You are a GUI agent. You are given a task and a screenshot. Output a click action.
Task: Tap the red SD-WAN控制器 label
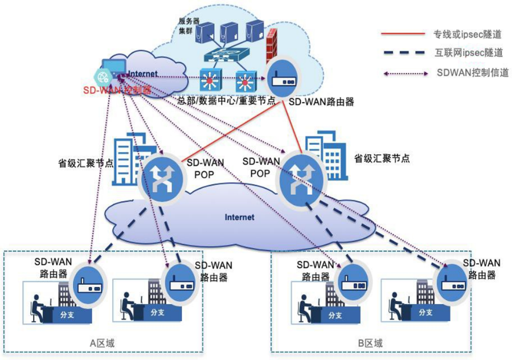[x=117, y=89]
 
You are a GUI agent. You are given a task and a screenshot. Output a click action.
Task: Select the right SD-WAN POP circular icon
[x=298, y=178]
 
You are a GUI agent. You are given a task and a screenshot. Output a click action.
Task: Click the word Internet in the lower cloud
[x=239, y=217]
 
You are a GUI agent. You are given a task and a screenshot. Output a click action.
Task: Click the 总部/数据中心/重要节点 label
[x=227, y=101]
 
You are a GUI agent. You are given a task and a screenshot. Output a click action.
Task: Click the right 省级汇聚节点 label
[x=382, y=158]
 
